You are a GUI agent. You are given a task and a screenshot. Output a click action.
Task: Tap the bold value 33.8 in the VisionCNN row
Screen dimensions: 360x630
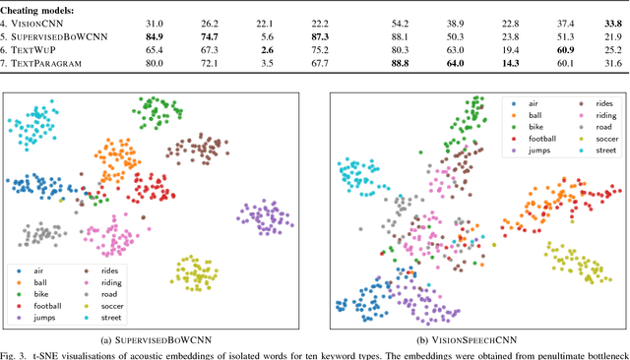[610, 21]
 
